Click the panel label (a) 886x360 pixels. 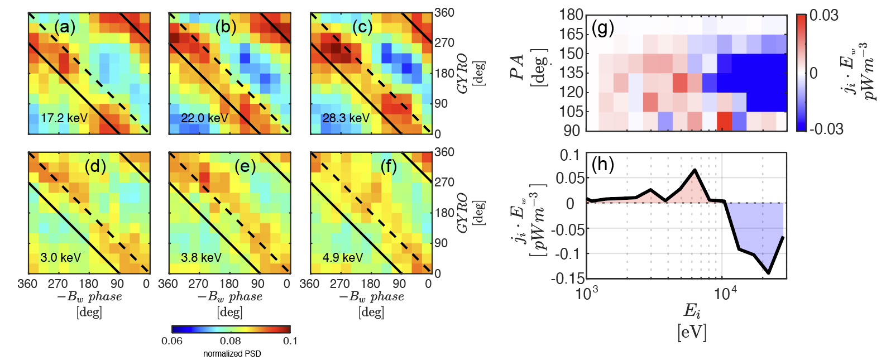tap(65, 27)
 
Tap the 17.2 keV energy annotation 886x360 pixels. tap(64, 118)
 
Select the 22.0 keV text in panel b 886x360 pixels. tap(204, 118)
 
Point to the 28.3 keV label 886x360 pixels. tap(346, 118)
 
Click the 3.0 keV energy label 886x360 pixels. tap(60, 257)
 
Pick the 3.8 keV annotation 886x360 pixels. tap(201, 257)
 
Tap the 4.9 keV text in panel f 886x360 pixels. tap(343, 257)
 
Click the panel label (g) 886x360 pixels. tap(603, 28)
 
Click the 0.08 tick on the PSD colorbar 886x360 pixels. tap(231, 341)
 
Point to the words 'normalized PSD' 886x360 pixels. tap(232, 354)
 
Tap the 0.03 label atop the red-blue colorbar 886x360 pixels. tap(824, 16)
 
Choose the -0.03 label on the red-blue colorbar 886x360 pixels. tap(826, 129)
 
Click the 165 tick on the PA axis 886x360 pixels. tap(571, 34)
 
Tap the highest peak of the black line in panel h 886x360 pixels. tap(695, 170)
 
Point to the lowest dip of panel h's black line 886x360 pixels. tap(768, 273)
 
